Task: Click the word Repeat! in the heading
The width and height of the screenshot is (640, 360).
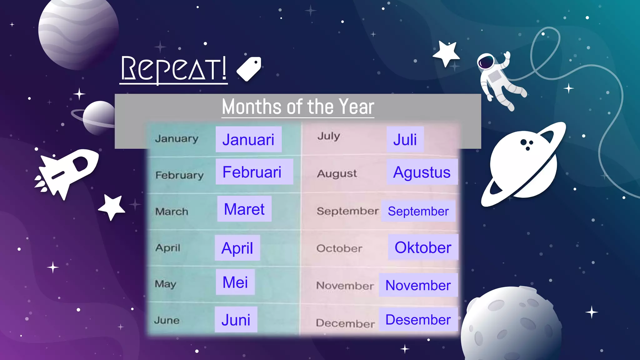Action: (174, 69)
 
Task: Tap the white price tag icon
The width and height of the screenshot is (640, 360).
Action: (249, 69)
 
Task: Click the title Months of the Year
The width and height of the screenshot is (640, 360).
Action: (298, 107)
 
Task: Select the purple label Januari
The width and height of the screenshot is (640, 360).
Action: (248, 139)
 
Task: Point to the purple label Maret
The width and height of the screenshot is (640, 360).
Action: (244, 209)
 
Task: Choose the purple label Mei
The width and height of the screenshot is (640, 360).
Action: (235, 282)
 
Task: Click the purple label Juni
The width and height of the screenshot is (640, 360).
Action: (236, 320)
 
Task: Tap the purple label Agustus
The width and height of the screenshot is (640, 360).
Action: (422, 172)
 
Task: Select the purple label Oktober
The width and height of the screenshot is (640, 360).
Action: (423, 247)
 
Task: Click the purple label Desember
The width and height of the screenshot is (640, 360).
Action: (418, 319)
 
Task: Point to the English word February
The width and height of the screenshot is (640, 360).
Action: (179, 175)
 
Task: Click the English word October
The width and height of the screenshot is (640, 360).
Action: (339, 248)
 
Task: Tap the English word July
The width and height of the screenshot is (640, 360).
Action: (329, 136)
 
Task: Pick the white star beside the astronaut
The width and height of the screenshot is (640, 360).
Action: (446, 53)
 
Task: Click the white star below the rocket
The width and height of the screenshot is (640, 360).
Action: (112, 207)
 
